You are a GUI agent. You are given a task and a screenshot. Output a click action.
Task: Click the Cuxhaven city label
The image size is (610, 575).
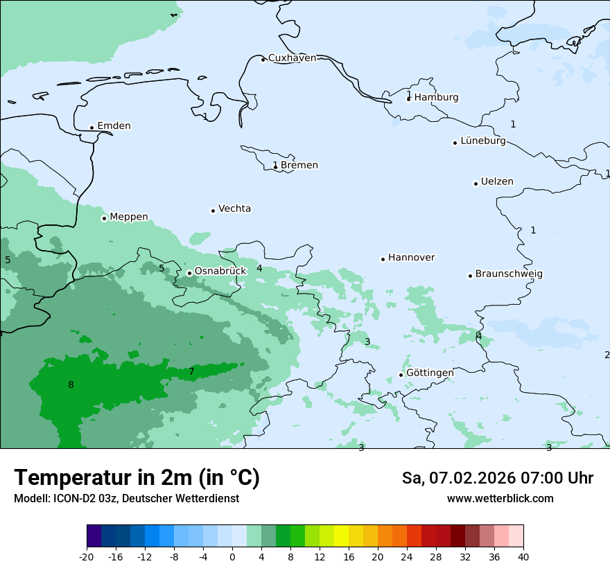point(292,58)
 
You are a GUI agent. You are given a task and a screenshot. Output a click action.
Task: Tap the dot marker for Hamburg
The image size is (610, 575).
point(409,98)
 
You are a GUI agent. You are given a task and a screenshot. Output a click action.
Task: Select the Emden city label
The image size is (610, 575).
point(114,126)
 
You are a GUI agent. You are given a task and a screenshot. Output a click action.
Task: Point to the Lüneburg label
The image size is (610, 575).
point(482,141)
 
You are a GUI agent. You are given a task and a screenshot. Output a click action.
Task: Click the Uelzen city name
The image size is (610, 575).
point(497,182)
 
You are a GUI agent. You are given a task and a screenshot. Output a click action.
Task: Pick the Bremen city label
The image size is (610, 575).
point(299,165)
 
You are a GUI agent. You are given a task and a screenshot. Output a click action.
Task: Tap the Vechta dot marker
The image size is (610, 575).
point(214,211)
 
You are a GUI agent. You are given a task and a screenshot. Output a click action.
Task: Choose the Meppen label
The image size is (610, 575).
point(129,217)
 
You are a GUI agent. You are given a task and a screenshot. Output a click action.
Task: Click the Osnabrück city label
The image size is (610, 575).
point(220,271)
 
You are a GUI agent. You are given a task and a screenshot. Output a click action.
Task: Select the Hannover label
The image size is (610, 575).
point(411,258)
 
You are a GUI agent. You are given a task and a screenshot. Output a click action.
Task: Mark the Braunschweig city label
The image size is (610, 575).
point(509,274)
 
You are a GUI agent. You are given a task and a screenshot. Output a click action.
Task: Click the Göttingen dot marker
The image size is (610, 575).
point(401,375)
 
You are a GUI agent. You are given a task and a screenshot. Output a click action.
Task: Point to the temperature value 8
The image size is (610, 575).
point(71,384)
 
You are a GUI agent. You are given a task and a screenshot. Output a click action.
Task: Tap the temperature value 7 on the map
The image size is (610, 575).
point(192,372)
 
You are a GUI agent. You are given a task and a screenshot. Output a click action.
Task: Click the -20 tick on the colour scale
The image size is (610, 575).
point(87,556)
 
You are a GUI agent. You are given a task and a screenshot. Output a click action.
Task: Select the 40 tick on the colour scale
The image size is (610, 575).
point(523,556)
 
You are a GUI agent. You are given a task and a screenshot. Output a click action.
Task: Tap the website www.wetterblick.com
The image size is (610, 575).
point(500,498)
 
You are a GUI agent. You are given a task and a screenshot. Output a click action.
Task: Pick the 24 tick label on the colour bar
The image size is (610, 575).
point(407,556)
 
